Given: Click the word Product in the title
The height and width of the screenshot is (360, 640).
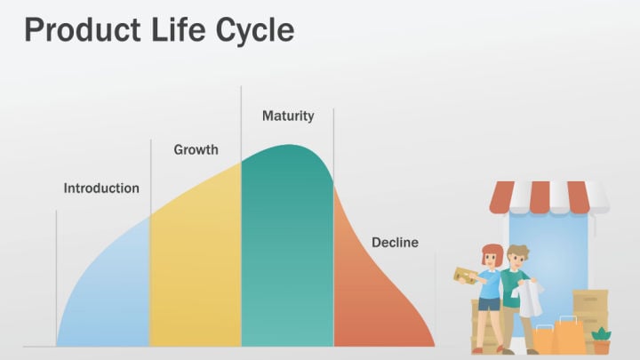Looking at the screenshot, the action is coord(83,29).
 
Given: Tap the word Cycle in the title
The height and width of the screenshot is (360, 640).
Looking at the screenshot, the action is coord(255,31).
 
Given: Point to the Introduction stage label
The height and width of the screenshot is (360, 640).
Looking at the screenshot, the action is coord(101,188).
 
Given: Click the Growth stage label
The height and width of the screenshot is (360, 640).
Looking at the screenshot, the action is coord(196,150).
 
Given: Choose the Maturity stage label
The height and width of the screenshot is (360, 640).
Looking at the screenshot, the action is coord(288,116).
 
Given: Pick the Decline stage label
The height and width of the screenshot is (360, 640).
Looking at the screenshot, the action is coord(395,243).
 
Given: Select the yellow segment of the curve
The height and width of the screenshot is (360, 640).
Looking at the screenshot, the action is coord(196,265).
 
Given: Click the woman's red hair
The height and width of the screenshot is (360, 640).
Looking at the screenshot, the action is coord(492,253).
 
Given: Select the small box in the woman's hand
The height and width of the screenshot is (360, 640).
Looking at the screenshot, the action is coord(465,276).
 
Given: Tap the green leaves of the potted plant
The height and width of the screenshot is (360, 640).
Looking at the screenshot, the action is coord(601,334).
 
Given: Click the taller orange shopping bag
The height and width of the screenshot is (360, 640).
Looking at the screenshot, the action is coord(570,335).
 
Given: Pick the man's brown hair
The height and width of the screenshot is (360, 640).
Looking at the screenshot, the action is coord(518,251).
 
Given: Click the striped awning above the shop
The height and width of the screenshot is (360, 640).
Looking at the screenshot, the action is coord(549,197).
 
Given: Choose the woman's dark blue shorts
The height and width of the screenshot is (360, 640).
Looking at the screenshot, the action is coord(489,305).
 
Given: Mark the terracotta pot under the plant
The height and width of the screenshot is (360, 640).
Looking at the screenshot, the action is coord(601,348).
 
